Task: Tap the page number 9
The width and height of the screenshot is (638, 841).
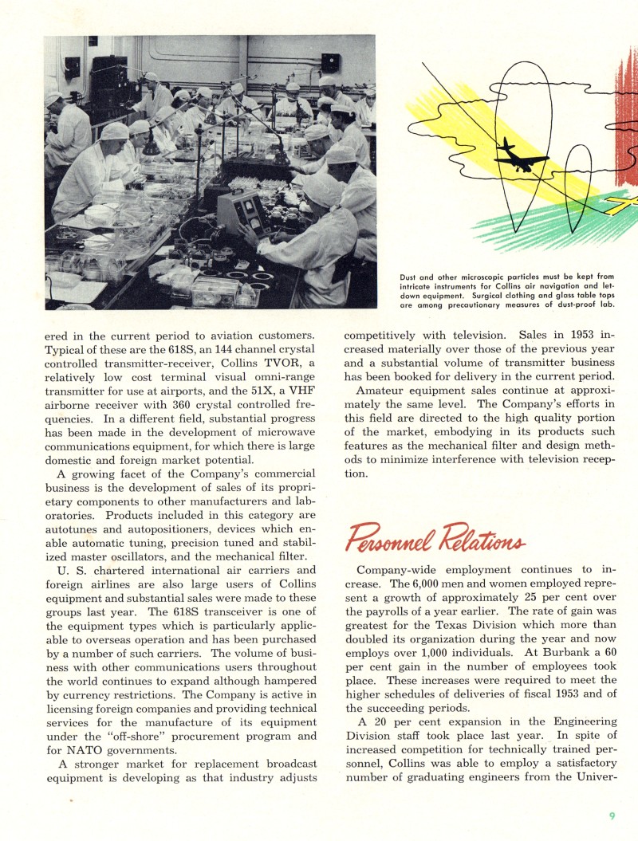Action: click(612, 815)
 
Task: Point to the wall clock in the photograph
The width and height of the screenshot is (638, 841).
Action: click(329, 62)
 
